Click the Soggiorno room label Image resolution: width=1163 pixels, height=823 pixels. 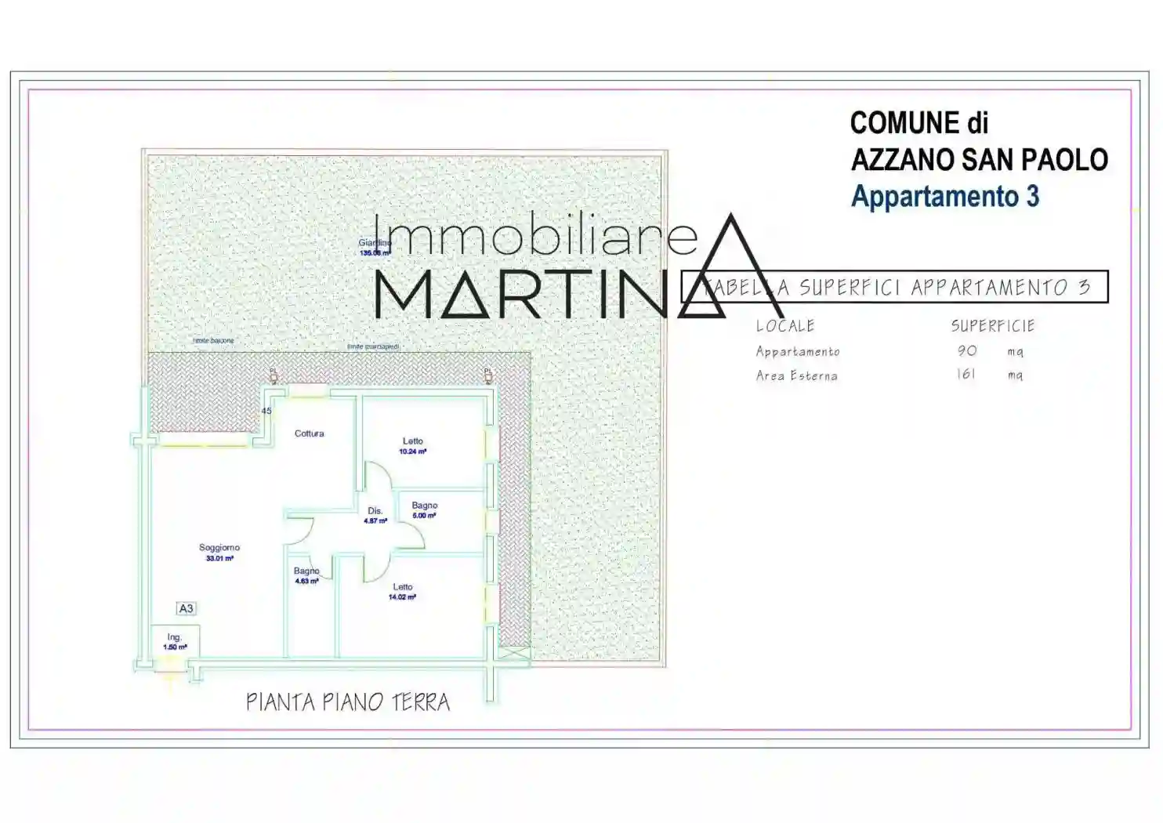coord(219,548)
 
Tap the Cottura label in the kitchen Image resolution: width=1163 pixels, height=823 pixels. coord(309,433)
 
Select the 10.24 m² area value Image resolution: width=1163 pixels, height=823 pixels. coord(412,451)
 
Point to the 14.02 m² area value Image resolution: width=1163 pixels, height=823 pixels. coord(402,597)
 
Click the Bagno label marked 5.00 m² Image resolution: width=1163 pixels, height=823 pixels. coord(425,506)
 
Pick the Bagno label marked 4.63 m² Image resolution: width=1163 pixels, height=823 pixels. coord(306,571)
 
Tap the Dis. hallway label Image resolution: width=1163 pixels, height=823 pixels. coord(375,511)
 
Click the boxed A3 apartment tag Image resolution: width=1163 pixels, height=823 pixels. coord(186,609)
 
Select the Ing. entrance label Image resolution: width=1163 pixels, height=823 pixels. coord(174,637)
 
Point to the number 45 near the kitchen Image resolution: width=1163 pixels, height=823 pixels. coord(266,411)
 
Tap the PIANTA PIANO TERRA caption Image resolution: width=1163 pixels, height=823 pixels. coord(348,702)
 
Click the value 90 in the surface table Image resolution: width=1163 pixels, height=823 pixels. coord(967,351)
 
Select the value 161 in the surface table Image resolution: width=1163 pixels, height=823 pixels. coord(966,375)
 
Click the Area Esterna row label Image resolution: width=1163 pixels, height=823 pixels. coord(796,375)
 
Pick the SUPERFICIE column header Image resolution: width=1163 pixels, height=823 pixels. coord(993,326)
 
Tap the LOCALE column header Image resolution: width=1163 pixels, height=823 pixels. coord(785,326)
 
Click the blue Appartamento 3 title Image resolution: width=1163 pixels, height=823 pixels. coord(944,196)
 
